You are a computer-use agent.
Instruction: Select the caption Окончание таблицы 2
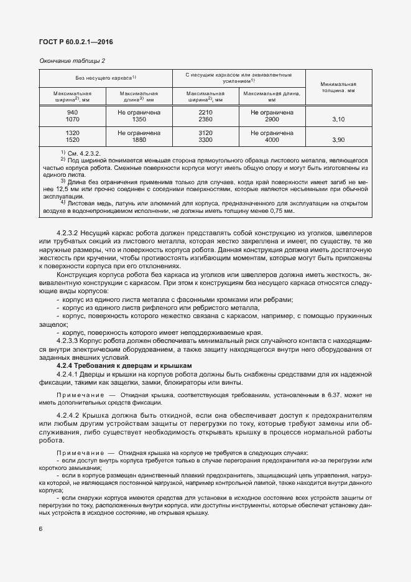[x=72, y=60]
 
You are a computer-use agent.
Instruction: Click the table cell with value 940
[x=73, y=111]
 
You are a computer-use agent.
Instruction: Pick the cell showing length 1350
[x=139, y=118]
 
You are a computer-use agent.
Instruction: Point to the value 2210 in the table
[x=205, y=111]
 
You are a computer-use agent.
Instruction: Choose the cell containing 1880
[x=139, y=140]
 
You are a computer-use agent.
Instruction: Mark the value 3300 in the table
[x=205, y=140]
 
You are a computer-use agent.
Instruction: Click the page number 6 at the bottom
[x=40, y=529]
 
